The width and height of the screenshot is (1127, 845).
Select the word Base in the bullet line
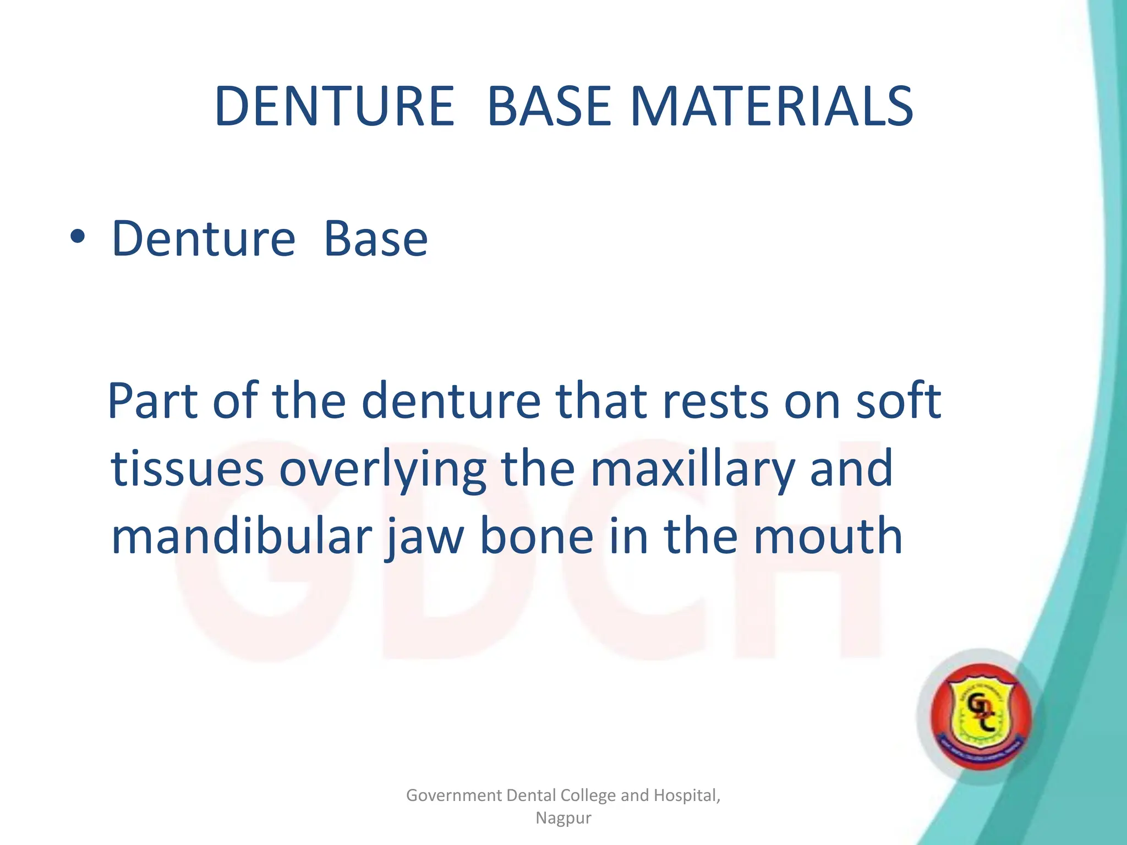(375, 239)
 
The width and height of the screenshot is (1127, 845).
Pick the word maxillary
(692, 470)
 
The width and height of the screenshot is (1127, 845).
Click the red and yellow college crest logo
(981, 716)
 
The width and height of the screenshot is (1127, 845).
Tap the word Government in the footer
(453, 795)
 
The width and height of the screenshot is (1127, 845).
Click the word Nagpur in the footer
(563, 819)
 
